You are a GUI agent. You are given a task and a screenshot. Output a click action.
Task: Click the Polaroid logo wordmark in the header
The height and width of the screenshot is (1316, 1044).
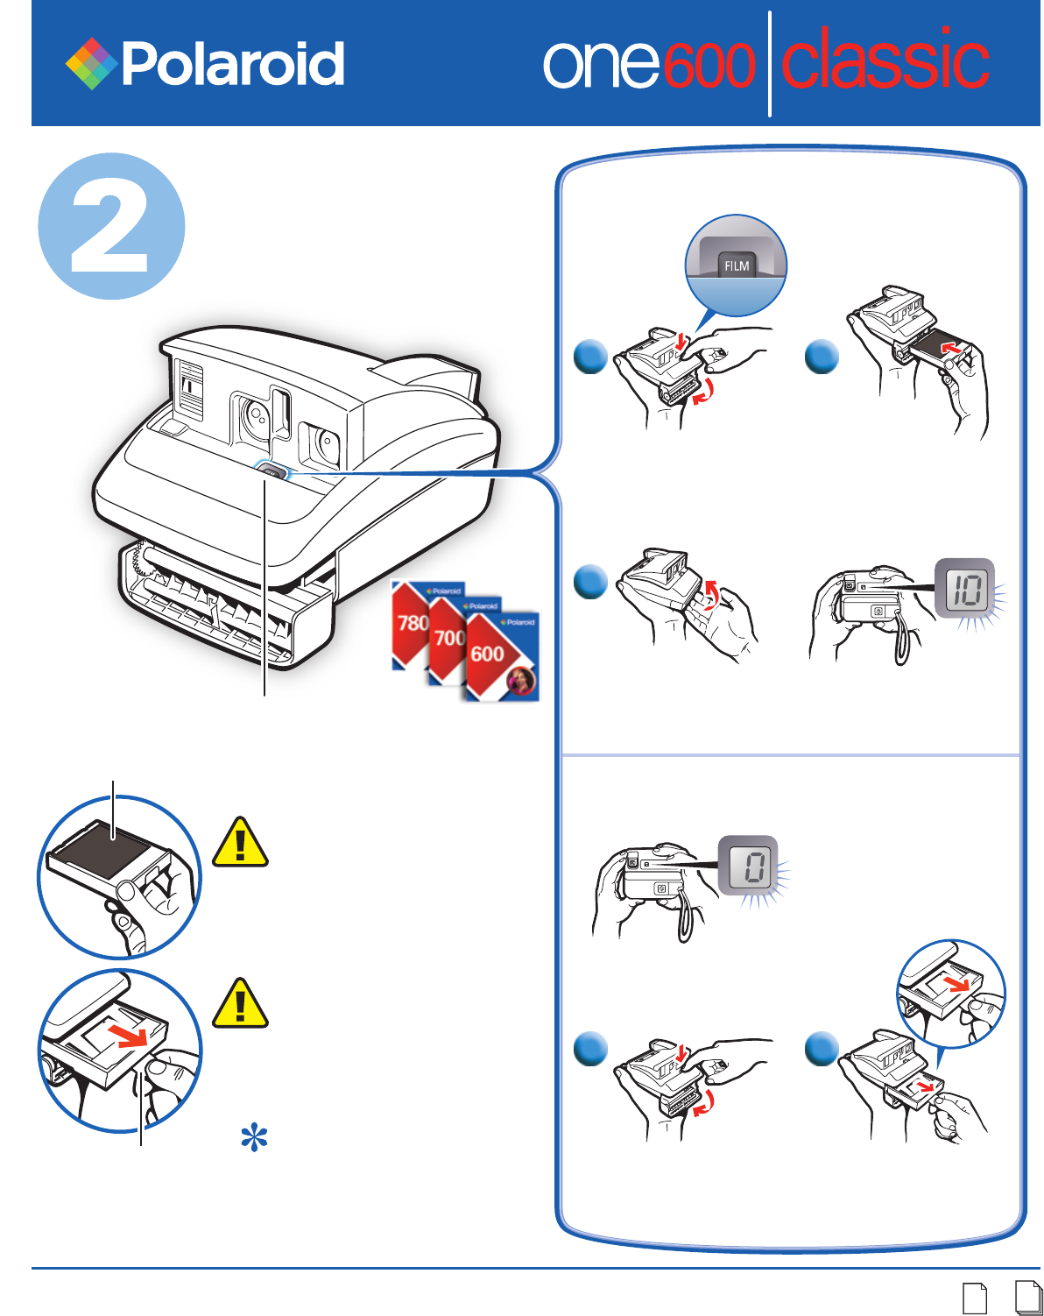pyautogui.click(x=233, y=64)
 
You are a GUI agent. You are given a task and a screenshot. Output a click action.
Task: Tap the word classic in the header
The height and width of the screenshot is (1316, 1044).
pyautogui.click(x=885, y=60)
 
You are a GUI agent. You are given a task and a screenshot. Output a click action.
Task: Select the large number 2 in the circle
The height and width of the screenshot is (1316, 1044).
pyautogui.click(x=110, y=227)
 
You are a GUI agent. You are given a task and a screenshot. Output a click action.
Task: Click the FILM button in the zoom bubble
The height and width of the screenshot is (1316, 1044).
pyautogui.click(x=737, y=265)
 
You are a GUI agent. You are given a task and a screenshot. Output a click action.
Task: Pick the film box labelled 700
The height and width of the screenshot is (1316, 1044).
pyautogui.click(x=448, y=637)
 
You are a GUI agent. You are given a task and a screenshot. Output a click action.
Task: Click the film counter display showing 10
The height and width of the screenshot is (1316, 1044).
pyautogui.click(x=964, y=589)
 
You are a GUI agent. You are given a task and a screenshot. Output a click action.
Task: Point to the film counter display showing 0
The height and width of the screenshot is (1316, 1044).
pyautogui.click(x=747, y=866)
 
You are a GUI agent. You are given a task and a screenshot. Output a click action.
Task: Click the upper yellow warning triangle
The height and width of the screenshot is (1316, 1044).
pyautogui.click(x=240, y=842)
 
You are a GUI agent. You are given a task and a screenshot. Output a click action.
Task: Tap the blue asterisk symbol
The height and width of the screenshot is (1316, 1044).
pyautogui.click(x=254, y=1137)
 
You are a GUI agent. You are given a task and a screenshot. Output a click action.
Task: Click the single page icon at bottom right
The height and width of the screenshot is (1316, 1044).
pyautogui.click(x=974, y=1298)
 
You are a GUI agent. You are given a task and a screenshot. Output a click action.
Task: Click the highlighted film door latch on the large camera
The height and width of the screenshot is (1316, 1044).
pyautogui.click(x=272, y=474)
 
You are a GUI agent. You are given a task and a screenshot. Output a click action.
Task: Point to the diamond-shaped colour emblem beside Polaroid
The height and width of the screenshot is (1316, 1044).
pyautogui.click(x=91, y=64)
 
